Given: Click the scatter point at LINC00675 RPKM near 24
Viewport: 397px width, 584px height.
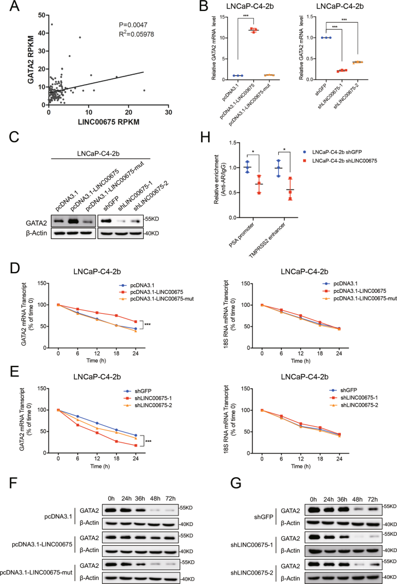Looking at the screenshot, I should coord(144,90).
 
